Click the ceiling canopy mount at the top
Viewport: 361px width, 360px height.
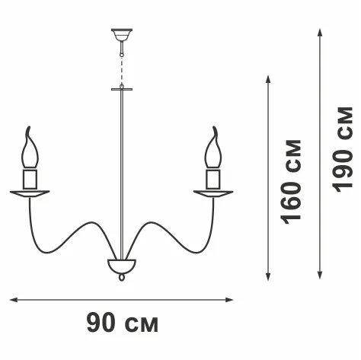click(122, 35)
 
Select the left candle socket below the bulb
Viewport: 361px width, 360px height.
click(30, 179)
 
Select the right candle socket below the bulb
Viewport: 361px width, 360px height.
click(213, 179)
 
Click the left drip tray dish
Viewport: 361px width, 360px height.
click(30, 193)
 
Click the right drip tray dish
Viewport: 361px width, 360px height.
click(213, 193)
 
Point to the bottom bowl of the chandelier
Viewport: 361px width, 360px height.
click(122, 266)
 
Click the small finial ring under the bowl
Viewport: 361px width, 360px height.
click(122, 277)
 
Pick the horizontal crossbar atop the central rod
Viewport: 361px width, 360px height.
click(122, 89)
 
